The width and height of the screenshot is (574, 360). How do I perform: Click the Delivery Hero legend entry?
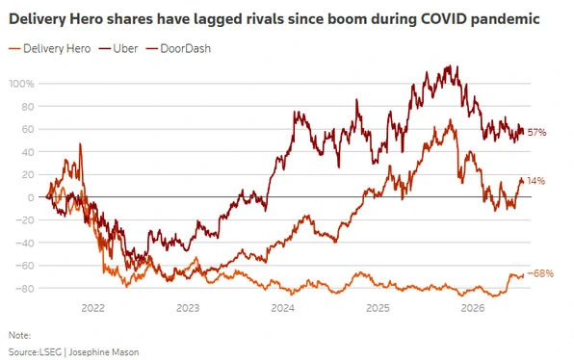(x=49, y=49)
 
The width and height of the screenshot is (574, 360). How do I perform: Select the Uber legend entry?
(x=118, y=49)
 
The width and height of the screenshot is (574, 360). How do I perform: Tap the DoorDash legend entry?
(x=178, y=49)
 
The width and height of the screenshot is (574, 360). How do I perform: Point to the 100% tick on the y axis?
(x=21, y=84)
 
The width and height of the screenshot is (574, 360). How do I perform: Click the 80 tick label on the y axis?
(x=28, y=107)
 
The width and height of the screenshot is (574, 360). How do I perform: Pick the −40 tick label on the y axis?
(x=24, y=243)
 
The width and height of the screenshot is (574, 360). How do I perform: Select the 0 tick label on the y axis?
(x=31, y=197)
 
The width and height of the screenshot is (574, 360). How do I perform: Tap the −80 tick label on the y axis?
(x=24, y=289)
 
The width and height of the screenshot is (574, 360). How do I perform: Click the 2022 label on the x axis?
(x=93, y=308)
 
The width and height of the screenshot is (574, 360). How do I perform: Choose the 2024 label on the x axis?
(x=282, y=308)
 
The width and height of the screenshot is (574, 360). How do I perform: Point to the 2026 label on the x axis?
(x=473, y=308)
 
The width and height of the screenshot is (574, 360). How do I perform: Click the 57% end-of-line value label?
(x=536, y=133)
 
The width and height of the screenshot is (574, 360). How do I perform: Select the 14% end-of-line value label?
(x=535, y=181)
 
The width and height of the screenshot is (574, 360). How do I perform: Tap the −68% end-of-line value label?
(x=540, y=273)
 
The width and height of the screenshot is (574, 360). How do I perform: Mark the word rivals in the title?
(x=263, y=18)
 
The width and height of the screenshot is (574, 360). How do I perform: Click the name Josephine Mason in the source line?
(x=104, y=352)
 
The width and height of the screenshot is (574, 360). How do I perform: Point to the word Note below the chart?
(x=19, y=335)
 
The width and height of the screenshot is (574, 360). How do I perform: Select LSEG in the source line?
(x=50, y=352)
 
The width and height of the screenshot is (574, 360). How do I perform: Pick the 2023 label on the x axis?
(x=188, y=308)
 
